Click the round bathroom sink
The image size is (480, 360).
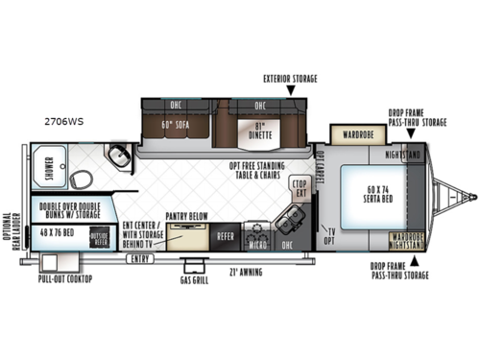coord(118,156)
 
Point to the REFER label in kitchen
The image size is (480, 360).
coord(225,234)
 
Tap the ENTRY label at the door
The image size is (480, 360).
coord(140,258)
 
